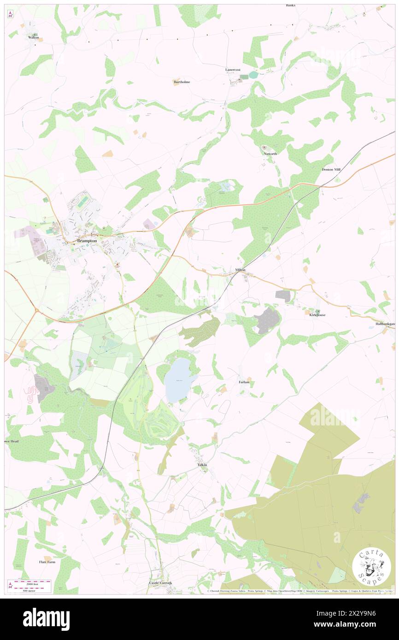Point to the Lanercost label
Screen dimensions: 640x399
233,70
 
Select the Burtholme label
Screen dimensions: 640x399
182,82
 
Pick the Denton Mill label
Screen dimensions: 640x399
331,169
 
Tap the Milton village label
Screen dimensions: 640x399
240,270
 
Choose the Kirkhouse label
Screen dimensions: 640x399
318,315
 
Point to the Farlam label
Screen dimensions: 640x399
244,382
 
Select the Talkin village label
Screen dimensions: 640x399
203,465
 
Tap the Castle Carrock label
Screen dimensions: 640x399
160,583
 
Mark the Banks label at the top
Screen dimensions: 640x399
290,6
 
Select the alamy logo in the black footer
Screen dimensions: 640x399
46,619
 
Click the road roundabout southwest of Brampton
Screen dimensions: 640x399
37,310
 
